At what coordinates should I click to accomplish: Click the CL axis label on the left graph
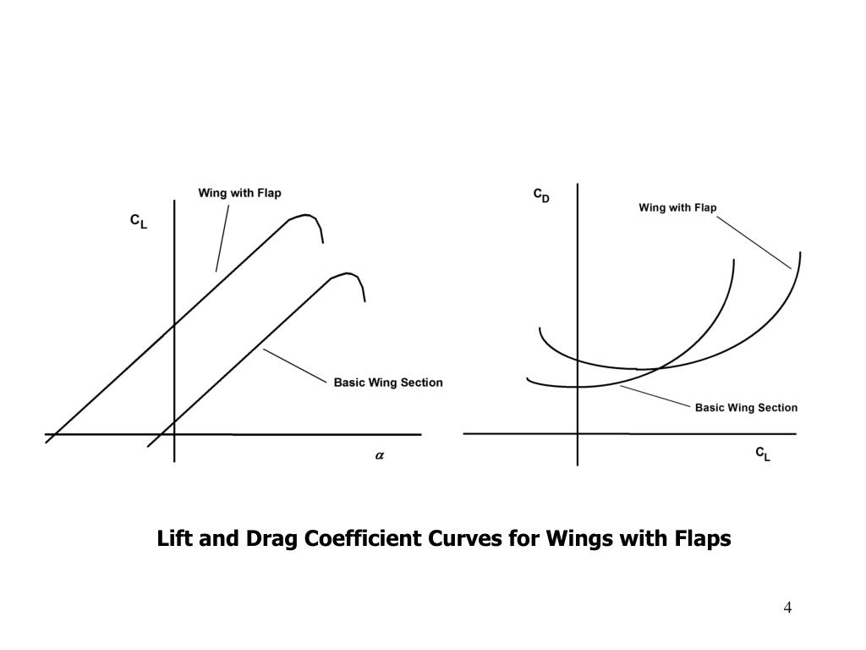pos(138,222)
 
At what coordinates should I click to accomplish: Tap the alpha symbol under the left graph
pos(380,455)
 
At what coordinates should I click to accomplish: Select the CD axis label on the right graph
pos(541,196)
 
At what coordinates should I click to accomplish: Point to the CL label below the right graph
pos(763,454)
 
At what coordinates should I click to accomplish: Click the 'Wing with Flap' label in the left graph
pos(239,193)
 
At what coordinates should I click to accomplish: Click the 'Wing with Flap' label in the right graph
pos(677,207)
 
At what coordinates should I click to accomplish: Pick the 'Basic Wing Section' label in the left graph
pos(388,383)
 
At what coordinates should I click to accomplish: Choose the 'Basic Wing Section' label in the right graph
pos(746,408)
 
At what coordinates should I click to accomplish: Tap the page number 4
pos(787,608)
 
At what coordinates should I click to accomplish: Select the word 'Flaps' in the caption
pos(704,539)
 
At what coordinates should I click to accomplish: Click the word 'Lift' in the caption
pos(175,539)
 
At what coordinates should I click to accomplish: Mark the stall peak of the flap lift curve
pos(305,215)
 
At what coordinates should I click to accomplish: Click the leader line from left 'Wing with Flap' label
pos(222,238)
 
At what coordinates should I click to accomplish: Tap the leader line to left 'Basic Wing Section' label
pos(294,366)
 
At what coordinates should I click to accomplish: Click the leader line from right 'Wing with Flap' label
pos(754,242)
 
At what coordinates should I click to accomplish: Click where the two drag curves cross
pos(650,369)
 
